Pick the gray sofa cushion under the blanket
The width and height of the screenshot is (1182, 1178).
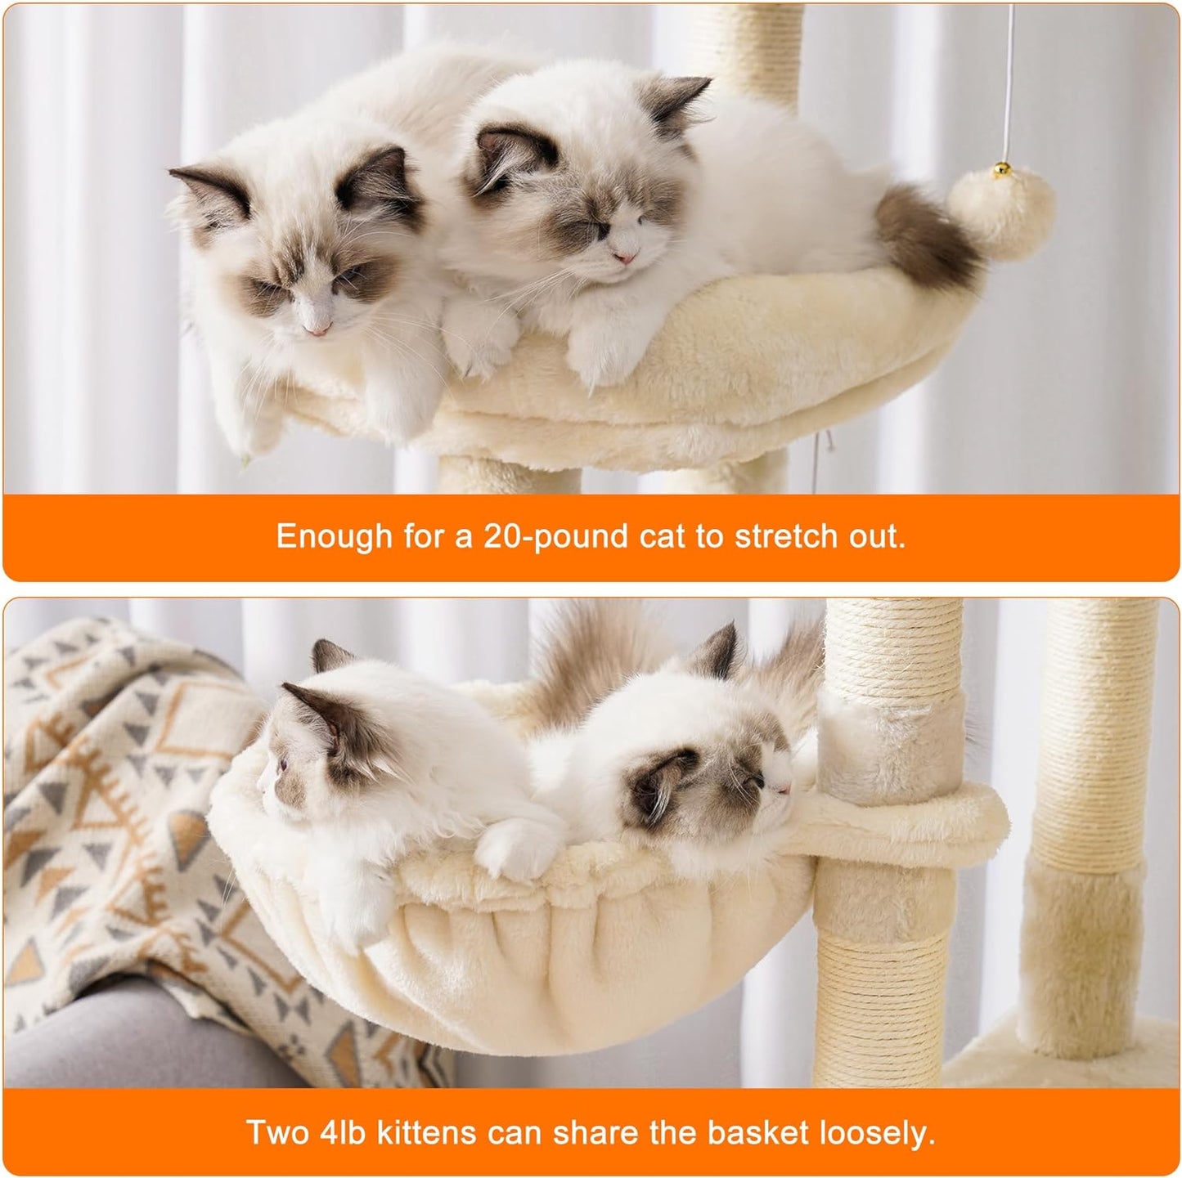(123, 1038)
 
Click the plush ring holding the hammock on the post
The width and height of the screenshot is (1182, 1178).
(900, 809)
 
